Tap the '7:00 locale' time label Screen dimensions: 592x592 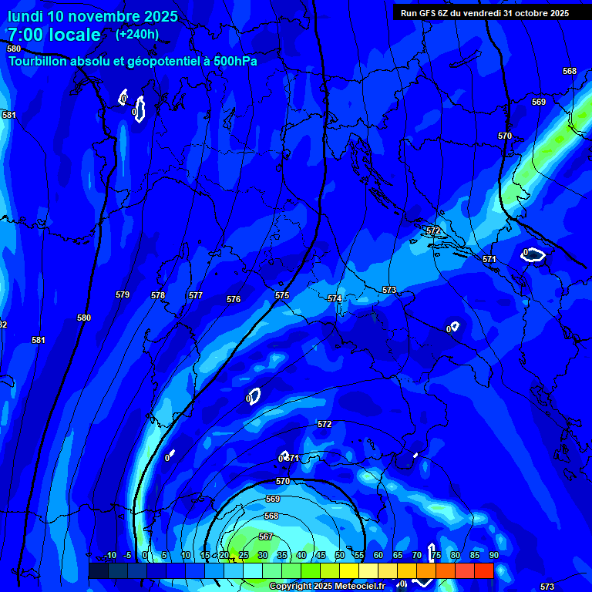[54, 35]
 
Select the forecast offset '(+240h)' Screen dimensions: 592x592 [137, 35]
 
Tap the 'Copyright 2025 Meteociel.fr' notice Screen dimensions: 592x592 [327, 586]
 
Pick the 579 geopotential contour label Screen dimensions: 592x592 [123, 294]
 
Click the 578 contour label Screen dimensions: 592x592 [158, 295]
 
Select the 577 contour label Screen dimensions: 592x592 [196, 295]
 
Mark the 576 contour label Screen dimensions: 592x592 [234, 299]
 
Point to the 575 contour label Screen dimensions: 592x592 [282, 295]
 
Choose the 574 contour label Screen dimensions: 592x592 [335, 298]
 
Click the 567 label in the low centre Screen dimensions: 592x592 [266, 536]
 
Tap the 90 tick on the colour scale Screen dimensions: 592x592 [493, 556]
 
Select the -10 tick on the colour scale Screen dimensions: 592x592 [110, 556]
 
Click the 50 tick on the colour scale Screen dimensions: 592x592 [340, 556]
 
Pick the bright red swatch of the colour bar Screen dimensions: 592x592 [483, 570]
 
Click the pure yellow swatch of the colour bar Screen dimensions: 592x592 [348, 570]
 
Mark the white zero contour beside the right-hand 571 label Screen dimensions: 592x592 [533, 254]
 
